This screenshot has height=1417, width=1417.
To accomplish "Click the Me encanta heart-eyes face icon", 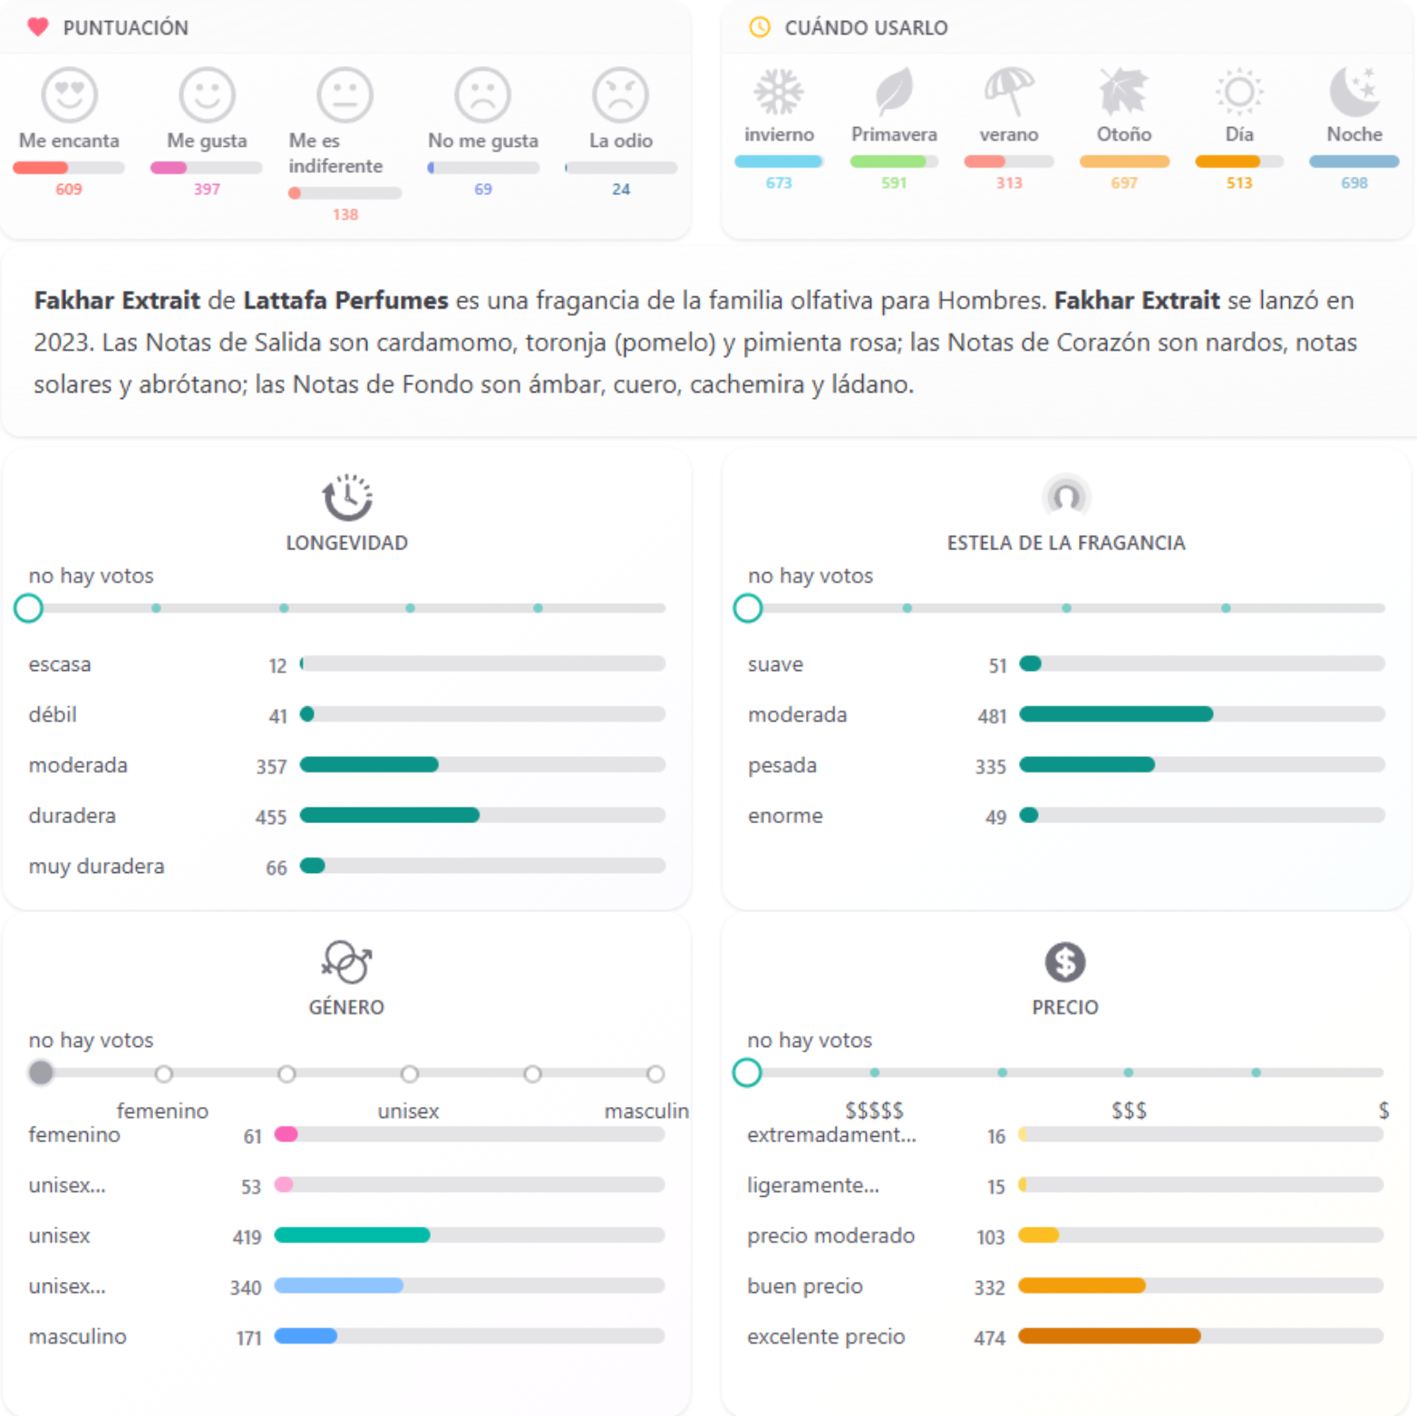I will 70,94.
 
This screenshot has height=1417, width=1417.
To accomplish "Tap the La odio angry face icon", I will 620,94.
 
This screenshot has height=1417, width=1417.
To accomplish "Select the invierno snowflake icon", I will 779,92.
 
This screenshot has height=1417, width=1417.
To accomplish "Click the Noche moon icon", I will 1354,92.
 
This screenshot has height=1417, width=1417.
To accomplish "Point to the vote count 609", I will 69,189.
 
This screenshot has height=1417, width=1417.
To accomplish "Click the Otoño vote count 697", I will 1124,183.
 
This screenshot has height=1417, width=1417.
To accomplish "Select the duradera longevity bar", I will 390,815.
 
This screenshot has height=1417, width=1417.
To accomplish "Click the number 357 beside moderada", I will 271,767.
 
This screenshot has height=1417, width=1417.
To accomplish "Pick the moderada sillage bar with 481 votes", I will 1116,714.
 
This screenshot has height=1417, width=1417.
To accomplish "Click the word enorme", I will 785,816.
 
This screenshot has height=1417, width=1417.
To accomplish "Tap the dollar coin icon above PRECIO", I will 1065,962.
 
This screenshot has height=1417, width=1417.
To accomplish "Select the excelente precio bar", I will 1110,1335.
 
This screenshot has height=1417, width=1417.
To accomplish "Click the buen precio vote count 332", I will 989,1287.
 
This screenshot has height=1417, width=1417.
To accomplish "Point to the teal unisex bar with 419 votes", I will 352,1235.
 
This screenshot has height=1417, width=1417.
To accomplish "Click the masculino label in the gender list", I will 78,1336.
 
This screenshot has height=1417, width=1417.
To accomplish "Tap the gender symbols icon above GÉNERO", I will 346,962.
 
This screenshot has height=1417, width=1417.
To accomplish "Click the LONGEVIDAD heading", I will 346,543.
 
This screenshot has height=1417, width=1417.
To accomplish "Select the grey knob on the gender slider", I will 41,1072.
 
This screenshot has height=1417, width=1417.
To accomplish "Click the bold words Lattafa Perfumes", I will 345,300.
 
